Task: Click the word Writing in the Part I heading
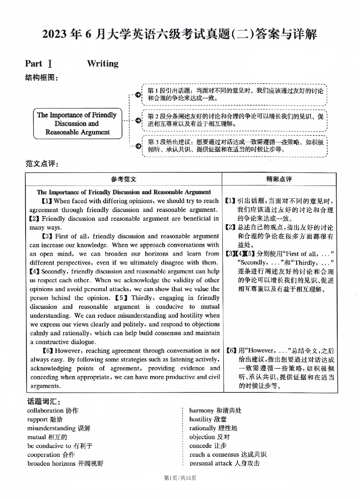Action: (x=103, y=63)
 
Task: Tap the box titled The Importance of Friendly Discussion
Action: (x=77, y=124)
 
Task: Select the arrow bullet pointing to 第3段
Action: (x=138, y=146)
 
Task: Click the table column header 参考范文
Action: (x=123, y=179)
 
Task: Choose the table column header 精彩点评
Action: (x=279, y=179)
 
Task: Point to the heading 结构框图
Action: (x=41, y=78)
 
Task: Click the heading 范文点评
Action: (x=41, y=163)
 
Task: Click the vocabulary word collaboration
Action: (x=45, y=411)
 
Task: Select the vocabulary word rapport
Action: (x=37, y=419)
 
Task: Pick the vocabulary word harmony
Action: (x=201, y=411)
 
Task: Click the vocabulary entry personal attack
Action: (x=211, y=463)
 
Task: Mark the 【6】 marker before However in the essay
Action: (x=48, y=351)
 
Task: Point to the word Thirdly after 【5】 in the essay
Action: (x=143, y=298)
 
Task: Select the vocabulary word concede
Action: (x=200, y=446)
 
